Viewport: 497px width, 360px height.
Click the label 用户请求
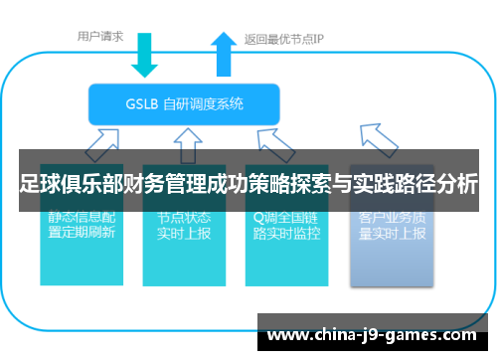(100, 37)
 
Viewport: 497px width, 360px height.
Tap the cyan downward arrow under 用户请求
(145, 57)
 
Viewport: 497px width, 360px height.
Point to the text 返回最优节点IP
(284, 41)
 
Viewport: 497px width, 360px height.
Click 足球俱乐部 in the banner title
(66, 185)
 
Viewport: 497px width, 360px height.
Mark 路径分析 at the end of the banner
(442, 185)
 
